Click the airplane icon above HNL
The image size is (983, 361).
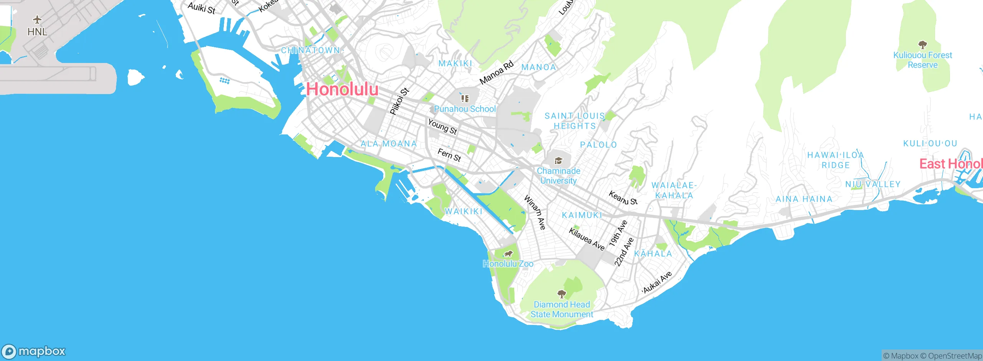[37, 19]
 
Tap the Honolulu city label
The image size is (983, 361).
[342, 89]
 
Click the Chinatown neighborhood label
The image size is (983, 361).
[310, 50]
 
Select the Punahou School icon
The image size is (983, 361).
[465, 99]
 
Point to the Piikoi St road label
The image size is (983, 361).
[399, 101]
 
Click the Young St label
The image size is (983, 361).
[442, 127]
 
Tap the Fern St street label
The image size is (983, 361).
[449, 155]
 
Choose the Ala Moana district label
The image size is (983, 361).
[389, 144]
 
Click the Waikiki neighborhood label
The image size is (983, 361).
[463, 211]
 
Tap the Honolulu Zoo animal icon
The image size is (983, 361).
[508, 254]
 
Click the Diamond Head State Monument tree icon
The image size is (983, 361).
[562, 294]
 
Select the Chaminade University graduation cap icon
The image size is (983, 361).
[558, 161]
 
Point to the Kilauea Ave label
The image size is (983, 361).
[587, 239]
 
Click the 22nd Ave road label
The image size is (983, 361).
[624, 252]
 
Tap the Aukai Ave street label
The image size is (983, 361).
[657, 282]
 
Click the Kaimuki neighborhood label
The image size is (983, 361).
[582, 215]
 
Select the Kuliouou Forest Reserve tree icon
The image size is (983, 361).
[922, 45]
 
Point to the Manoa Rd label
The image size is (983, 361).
[496, 73]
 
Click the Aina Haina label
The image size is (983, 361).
[804, 199]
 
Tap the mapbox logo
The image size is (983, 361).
[34, 351]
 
